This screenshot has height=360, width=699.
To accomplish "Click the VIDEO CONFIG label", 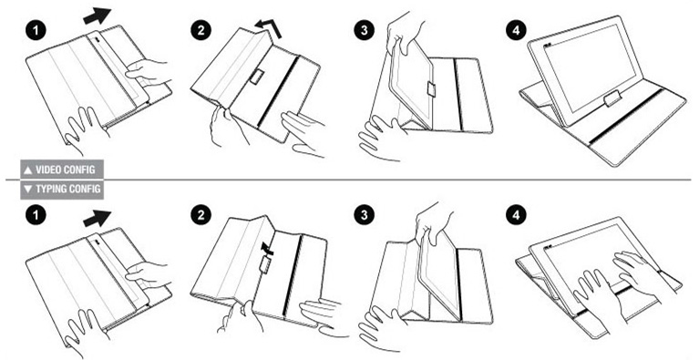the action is pos(62,170).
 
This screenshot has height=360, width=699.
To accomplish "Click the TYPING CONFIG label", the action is pos(62,189).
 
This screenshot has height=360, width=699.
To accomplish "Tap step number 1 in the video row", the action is pos(36,31).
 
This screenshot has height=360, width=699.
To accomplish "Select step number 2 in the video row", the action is pos(200,31).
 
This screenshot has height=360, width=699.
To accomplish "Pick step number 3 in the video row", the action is pos(365,31).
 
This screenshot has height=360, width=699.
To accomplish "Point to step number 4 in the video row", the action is pos(516,31).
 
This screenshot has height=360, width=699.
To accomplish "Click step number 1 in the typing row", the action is pos(36,216).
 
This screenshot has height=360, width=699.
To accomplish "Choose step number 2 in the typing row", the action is pos(200,216).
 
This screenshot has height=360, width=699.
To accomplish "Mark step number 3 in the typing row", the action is pos(365,216).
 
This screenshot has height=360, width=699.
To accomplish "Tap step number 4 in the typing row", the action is pos(516,216).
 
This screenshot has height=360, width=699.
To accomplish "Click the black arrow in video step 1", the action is pos(97,16).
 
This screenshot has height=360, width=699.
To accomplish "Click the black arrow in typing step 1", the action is pos(97,219).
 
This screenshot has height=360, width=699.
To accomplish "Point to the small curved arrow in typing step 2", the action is pos(267,249).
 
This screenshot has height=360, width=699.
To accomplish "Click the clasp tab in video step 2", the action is pos(257,77).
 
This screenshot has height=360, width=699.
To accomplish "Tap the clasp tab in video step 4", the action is pos(612,98).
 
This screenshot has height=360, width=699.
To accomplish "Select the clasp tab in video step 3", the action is pos(431,88).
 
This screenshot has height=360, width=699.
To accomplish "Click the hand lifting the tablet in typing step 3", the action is pos(432,222).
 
